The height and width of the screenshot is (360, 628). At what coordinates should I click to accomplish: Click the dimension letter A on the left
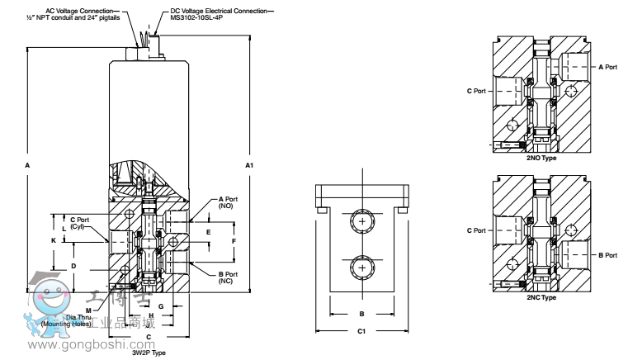pos(27,166)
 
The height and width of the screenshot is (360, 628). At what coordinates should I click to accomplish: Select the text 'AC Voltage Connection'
pos(77,4)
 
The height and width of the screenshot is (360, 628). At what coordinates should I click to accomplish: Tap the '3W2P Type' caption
pos(149,353)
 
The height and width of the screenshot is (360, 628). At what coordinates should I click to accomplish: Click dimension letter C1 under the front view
pos(361,332)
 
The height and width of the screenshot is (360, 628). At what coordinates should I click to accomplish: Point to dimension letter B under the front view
pos(361,314)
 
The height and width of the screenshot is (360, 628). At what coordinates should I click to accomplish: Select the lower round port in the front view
pos(361,267)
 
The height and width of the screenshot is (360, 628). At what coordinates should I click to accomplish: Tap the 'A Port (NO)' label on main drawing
pos(229,203)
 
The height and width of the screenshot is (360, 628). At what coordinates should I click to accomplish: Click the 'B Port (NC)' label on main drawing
pos(229,277)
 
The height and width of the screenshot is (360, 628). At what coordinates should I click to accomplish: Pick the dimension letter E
pos(208,232)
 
